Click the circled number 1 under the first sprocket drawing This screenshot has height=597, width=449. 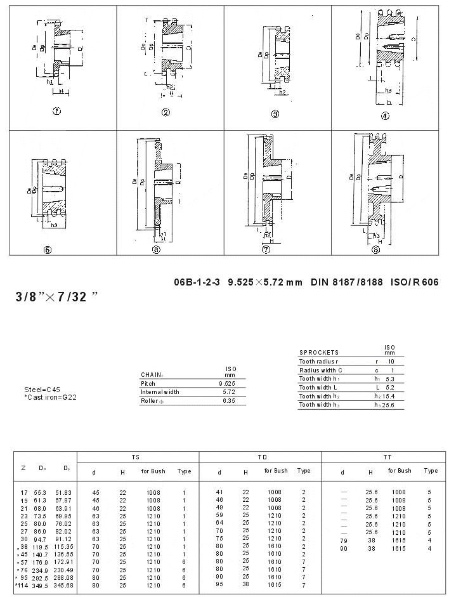[x=56, y=111]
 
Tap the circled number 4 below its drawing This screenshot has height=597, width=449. [x=384, y=115]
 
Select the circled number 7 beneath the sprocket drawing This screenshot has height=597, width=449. [x=266, y=250]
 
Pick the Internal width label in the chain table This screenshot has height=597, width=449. [x=160, y=392]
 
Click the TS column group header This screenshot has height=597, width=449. [x=136, y=457]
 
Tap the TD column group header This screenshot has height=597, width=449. [x=261, y=457]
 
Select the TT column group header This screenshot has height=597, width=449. [x=387, y=457]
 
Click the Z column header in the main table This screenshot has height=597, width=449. [x=23, y=468]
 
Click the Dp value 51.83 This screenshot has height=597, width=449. [x=63, y=492]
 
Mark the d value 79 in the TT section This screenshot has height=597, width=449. [x=343, y=541]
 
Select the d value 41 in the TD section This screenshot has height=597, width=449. [x=220, y=492]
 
